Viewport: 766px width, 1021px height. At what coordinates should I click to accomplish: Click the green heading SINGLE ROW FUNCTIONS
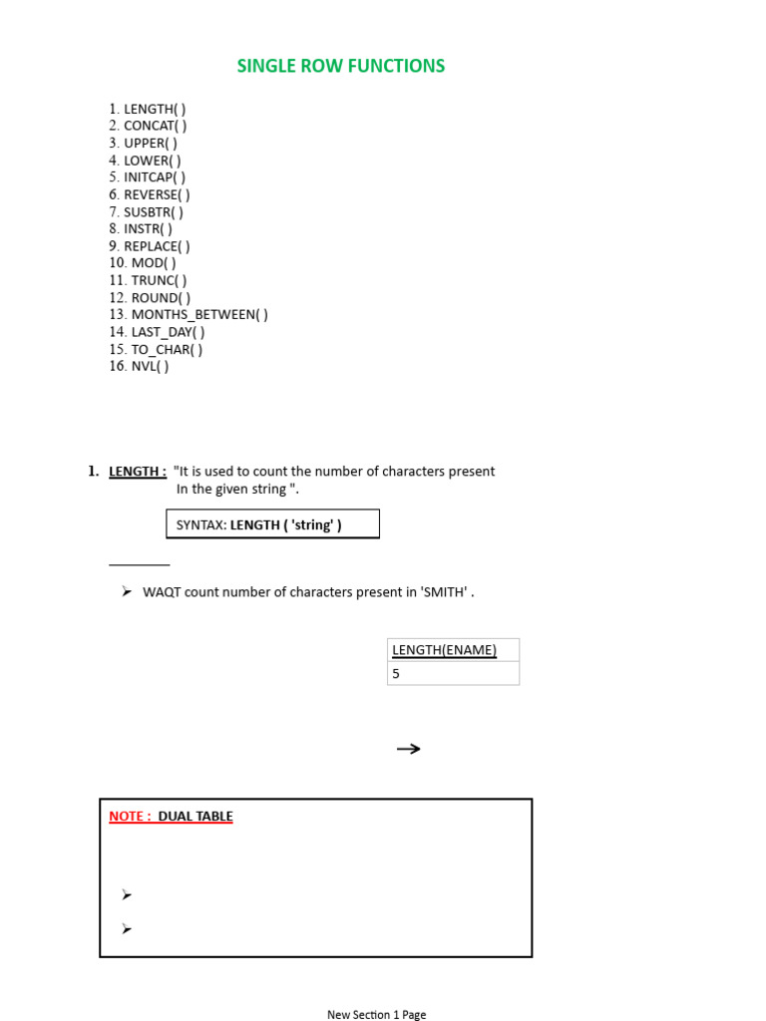(x=340, y=66)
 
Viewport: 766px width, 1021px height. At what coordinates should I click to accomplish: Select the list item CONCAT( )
(x=155, y=126)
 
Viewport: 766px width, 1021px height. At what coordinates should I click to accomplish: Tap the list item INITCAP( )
(x=154, y=177)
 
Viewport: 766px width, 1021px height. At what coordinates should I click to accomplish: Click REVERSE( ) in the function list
(x=157, y=194)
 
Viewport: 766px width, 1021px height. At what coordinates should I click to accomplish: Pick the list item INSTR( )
(x=148, y=228)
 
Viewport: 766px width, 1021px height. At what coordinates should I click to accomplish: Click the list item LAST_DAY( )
(x=168, y=332)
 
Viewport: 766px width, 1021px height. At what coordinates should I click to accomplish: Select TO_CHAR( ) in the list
(x=167, y=349)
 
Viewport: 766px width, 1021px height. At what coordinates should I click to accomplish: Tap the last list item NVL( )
(x=150, y=366)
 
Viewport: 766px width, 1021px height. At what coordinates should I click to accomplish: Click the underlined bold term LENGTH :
(x=138, y=472)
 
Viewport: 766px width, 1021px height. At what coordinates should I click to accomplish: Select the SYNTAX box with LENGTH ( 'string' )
(x=271, y=524)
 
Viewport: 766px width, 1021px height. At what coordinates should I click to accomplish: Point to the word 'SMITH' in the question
(x=445, y=592)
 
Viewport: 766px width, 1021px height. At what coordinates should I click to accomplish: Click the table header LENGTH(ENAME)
(x=444, y=650)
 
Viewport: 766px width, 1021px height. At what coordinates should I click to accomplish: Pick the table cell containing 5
(x=453, y=673)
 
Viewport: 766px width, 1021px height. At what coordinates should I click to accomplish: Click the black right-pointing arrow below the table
(x=408, y=749)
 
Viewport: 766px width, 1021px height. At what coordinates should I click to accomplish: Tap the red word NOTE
(x=127, y=817)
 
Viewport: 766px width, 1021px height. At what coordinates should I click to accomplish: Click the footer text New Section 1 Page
(x=376, y=1014)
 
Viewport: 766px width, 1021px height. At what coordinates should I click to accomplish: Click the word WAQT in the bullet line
(x=161, y=592)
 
